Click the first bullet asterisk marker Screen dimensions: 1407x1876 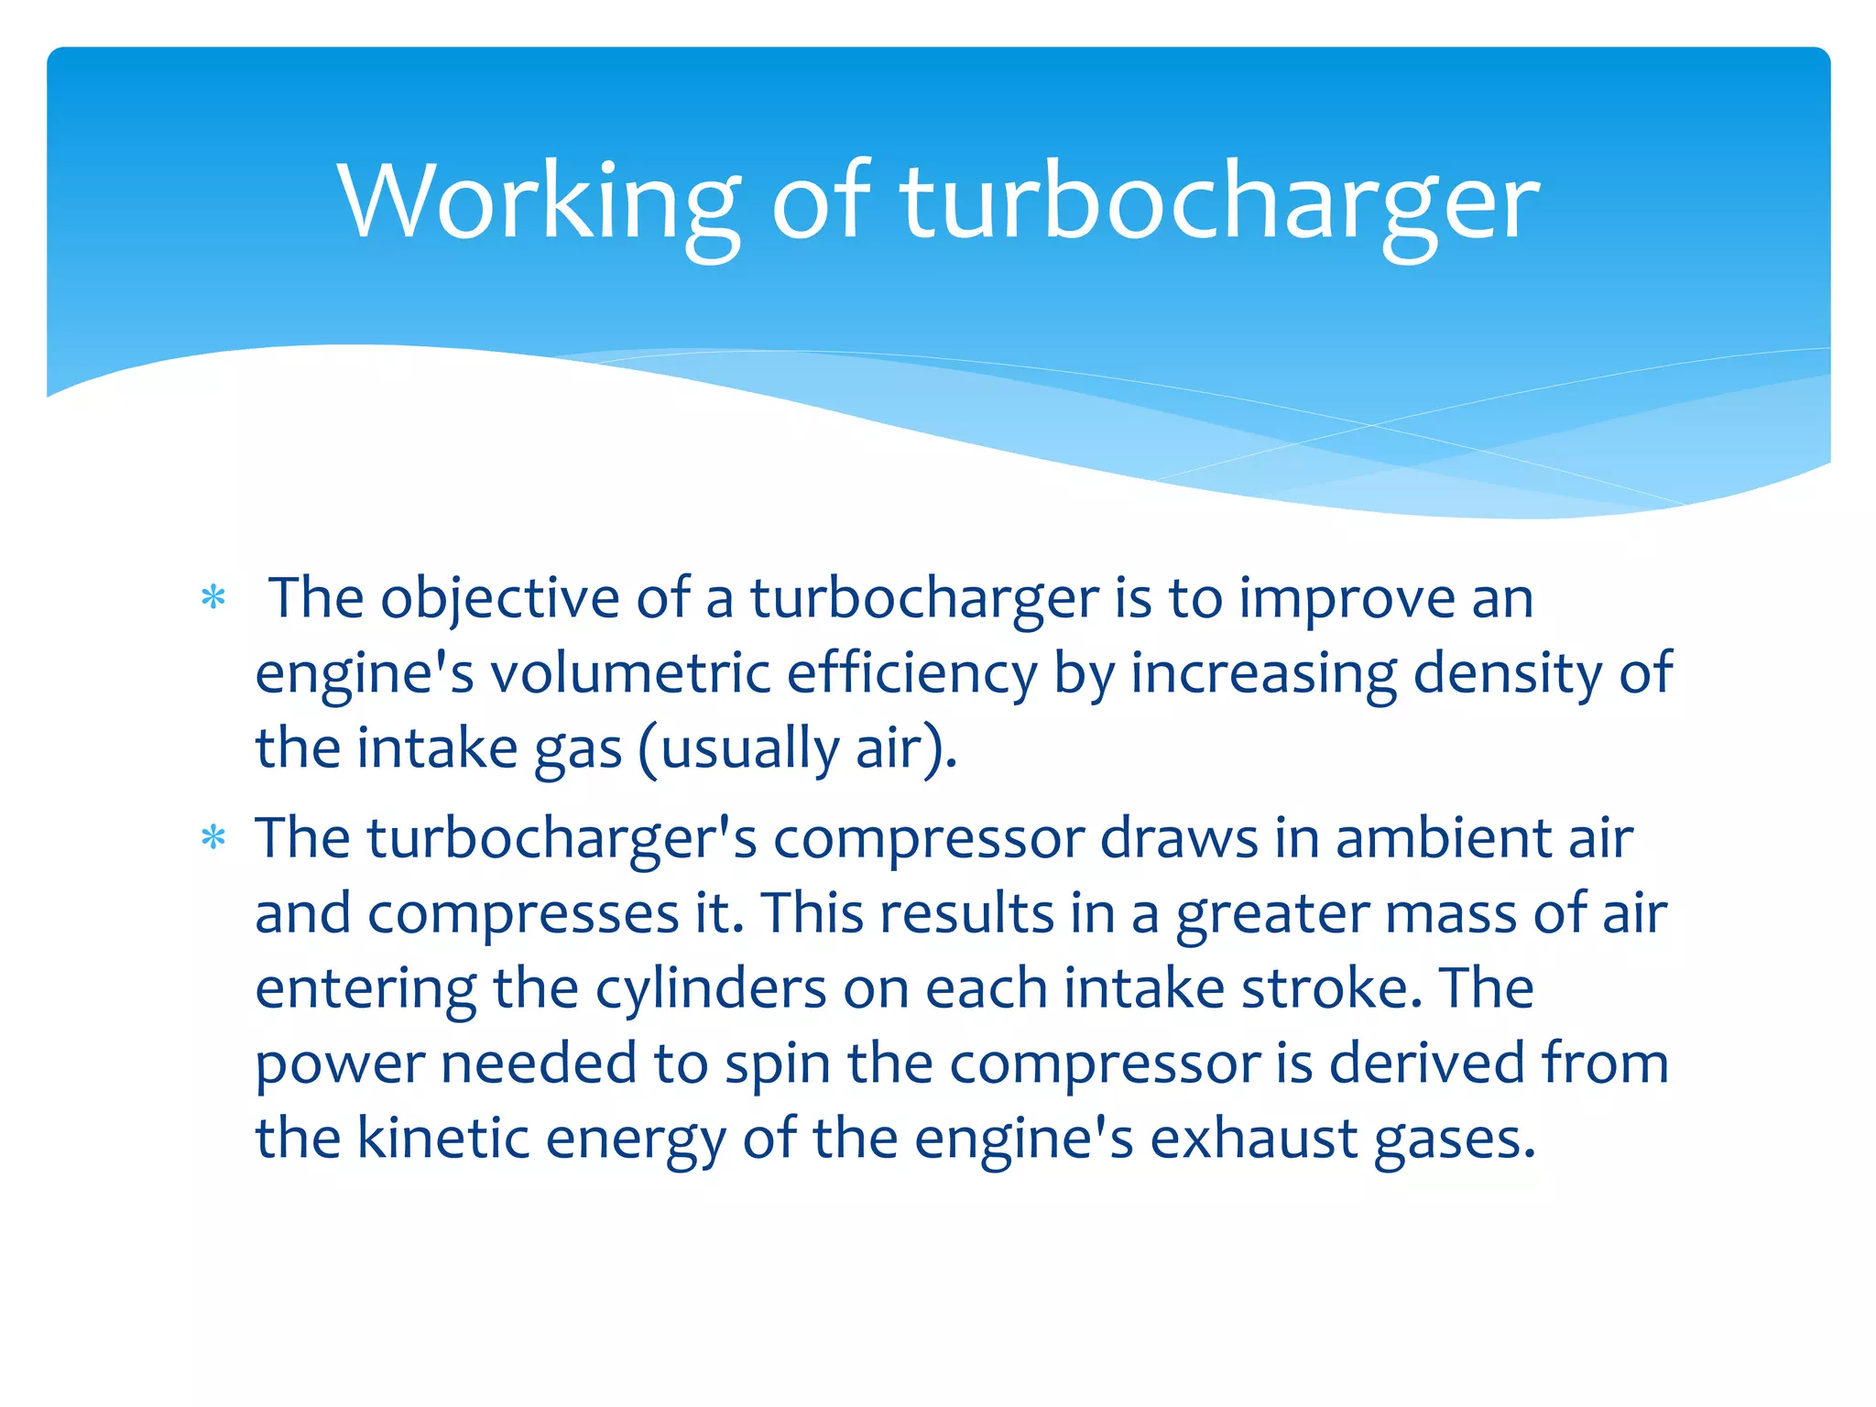[x=213, y=598]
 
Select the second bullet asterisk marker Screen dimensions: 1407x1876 [x=213, y=838]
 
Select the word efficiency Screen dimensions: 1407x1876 [x=911, y=674]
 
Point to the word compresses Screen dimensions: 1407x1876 [x=523, y=914]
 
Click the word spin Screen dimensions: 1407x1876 [x=778, y=1064]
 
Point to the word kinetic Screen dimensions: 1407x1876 [x=443, y=1140]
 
